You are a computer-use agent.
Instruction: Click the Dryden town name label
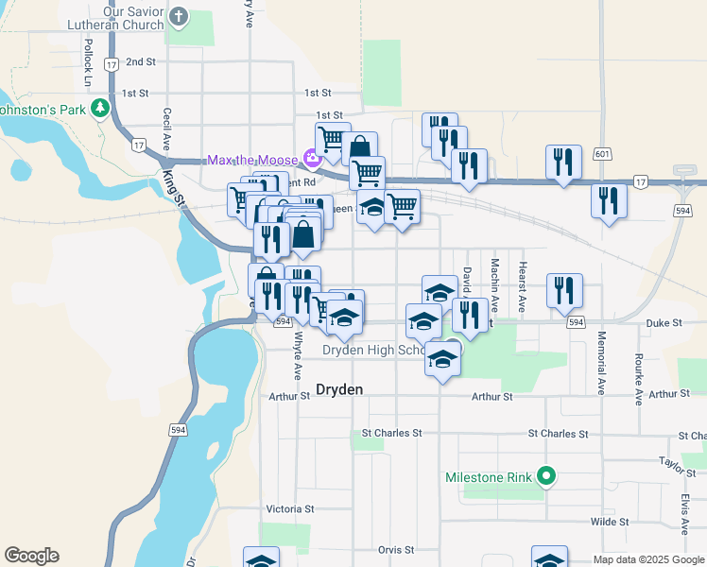(x=338, y=388)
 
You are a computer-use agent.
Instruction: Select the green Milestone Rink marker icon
(x=544, y=476)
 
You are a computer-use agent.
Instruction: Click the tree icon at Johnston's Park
(x=99, y=110)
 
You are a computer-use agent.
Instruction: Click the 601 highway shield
(x=602, y=153)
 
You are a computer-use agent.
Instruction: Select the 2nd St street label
(x=140, y=61)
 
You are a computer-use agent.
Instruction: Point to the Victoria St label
(x=289, y=508)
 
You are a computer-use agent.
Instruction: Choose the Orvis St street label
(x=396, y=549)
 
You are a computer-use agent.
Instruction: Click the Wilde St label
(x=610, y=521)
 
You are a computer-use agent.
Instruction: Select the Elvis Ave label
(x=683, y=511)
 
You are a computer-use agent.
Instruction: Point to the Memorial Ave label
(x=600, y=363)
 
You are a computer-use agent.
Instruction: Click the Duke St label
(x=664, y=322)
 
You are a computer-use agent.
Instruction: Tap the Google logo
(x=31, y=556)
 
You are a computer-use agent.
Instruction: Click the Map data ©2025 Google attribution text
(x=647, y=559)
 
